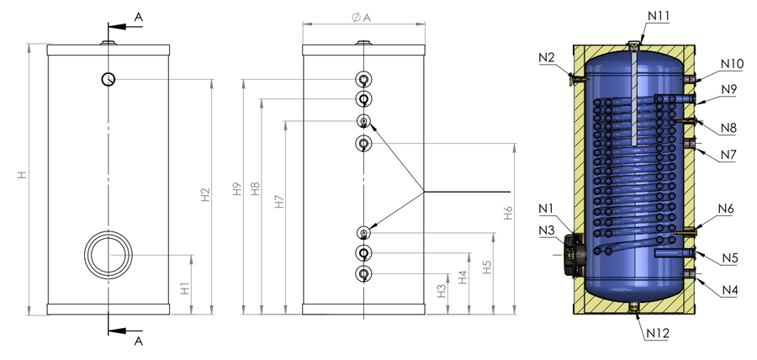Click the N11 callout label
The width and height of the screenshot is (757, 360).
(x=658, y=16)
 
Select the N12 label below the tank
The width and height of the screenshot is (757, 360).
(x=658, y=332)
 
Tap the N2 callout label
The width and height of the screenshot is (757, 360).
(x=547, y=58)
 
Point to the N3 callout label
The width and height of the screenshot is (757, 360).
(x=548, y=230)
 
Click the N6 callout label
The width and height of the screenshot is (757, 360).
(x=726, y=209)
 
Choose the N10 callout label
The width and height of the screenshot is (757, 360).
(x=732, y=64)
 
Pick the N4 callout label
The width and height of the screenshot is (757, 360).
(x=730, y=290)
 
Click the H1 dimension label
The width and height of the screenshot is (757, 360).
(x=185, y=289)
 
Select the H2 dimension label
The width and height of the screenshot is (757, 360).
(x=206, y=195)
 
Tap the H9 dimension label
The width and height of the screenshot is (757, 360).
(x=236, y=188)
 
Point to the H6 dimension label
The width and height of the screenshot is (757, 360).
(x=508, y=213)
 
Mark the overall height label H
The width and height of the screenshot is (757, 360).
(x=22, y=175)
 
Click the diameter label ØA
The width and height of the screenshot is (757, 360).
(x=362, y=18)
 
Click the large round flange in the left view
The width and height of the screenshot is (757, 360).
(x=109, y=255)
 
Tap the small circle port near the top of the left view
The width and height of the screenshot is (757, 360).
(x=109, y=79)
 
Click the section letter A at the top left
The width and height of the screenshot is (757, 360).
(x=139, y=18)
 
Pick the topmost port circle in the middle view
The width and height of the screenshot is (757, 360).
(x=363, y=79)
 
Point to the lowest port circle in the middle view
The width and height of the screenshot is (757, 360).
(x=363, y=273)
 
